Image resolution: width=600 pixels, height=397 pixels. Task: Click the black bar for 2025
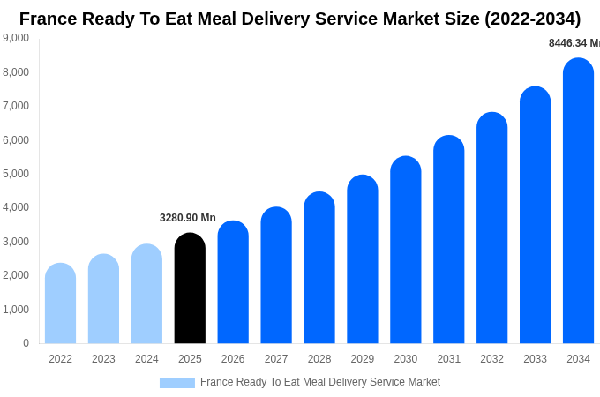tap(190, 288)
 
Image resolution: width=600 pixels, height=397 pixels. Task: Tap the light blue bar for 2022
tap(60, 303)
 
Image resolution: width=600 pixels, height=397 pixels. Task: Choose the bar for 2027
tap(276, 275)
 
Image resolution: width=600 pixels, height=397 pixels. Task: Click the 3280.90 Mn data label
tap(187, 218)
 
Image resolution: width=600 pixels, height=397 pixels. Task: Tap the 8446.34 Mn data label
tap(574, 43)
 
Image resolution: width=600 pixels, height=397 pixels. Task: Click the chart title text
tap(300, 19)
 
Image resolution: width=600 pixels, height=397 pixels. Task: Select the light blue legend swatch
tap(176, 383)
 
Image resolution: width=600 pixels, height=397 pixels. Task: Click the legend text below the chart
tap(319, 382)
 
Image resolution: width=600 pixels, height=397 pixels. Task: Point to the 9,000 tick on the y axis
tap(16, 38)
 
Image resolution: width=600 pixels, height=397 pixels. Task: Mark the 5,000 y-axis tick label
tap(16, 174)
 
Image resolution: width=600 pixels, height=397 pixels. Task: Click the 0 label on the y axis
tap(26, 343)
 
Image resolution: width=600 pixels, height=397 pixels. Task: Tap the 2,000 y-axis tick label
tap(16, 275)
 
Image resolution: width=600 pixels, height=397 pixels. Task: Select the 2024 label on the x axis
tap(146, 359)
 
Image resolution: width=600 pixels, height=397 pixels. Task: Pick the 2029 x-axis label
tap(363, 359)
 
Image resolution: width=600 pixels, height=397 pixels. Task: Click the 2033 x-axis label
tap(535, 359)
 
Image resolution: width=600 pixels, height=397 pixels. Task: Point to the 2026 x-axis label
tap(233, 359)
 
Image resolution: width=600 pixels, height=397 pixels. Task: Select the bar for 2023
tap(103, 299)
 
